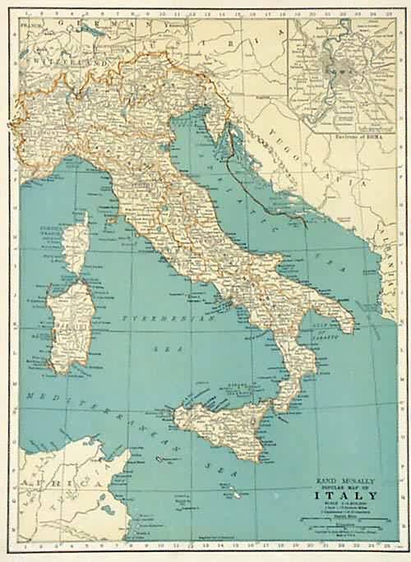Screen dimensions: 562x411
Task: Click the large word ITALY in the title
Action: pyautogui.click(x=344, y=495)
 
